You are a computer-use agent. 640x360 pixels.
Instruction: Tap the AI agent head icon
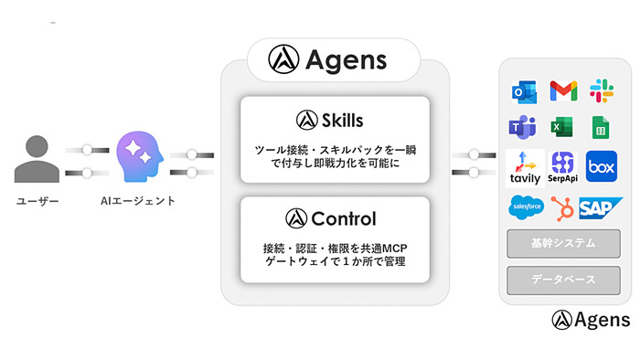coord(140,157)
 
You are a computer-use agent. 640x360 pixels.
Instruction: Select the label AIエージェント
coord(138,200)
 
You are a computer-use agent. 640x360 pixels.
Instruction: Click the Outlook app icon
coord(523,90)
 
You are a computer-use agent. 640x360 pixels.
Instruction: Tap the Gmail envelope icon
coord(563,90)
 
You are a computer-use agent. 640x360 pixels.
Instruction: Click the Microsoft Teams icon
coord(523,127)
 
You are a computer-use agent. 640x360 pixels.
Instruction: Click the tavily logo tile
coord(525,167)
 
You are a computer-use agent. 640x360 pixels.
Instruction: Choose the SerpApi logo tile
coord(564,167)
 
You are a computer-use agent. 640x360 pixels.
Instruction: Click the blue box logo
coord(603,167)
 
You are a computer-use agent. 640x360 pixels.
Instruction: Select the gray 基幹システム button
coord(563,244)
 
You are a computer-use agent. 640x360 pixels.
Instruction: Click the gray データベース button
coord(563,280)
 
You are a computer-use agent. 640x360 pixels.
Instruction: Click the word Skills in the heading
coord(342,120)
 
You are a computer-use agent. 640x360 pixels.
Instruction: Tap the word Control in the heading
coord(343,218)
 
